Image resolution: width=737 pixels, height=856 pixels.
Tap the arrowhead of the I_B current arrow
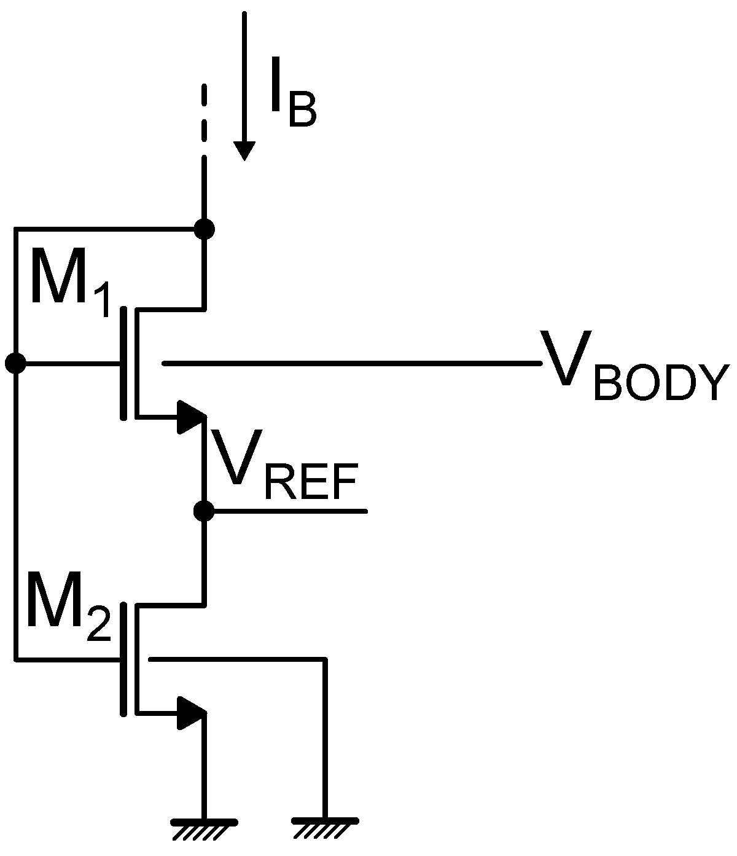(244, 150)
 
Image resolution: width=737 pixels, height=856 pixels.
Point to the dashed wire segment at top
(204, 114)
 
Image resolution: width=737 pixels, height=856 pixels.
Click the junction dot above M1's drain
(204, 229)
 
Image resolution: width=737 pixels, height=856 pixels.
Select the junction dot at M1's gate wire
(15, 363)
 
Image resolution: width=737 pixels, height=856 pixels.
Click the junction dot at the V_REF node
(204, 511)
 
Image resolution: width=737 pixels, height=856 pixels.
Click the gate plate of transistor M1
(124, 363)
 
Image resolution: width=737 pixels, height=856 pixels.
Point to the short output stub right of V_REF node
(289, 511)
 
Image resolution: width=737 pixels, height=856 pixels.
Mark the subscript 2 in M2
(98, 627)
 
